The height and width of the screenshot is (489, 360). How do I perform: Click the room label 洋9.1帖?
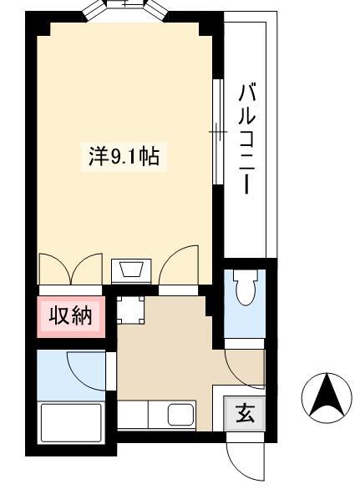pyautogui.click(x=124, y=157)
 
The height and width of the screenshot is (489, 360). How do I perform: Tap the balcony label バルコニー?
pyautogui.click(x=247, y=138)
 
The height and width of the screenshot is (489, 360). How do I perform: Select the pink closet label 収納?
pyautogui.click(x=70, y=316)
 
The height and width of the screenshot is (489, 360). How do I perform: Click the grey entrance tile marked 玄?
pyautogui.click(x=245, y=414)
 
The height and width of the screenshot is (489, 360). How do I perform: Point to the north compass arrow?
pyautogui.click(x=327, y=396)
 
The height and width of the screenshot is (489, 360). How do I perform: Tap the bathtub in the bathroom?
pyautogui.click(x=71, y=423)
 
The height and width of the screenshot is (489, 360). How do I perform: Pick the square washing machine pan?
pyautogui.click(x=130, y=310)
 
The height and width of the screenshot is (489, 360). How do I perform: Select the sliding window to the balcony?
pyautogui.click(x=218, y=132)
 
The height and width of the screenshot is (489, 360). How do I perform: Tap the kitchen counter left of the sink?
pyautogui.click(x=132, y=415)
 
